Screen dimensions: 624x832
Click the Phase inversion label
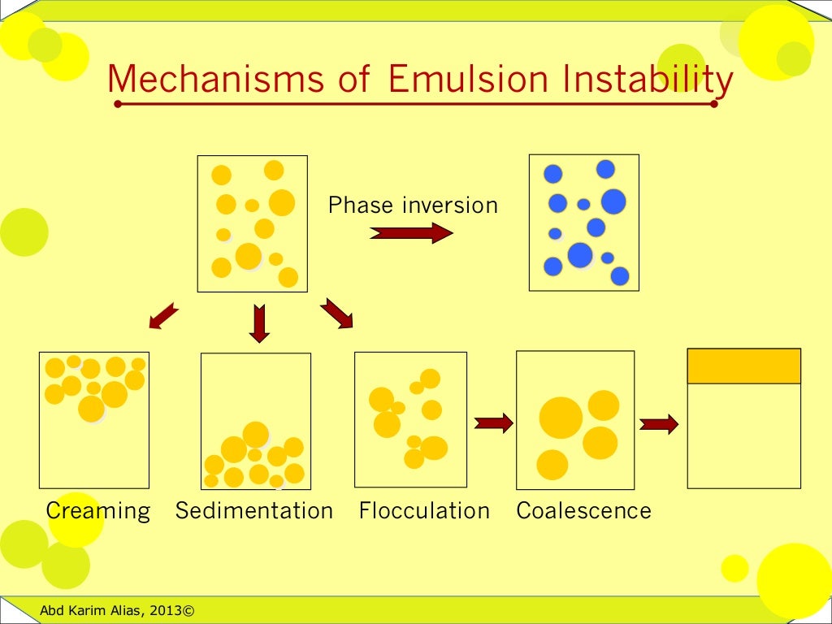[413, 206]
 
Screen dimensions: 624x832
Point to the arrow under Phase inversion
[411, 233]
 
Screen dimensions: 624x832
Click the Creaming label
[98, 511]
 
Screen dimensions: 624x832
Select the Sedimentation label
[254, 511]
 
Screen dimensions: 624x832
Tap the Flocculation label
[424, 511]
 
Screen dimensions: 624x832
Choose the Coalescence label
[583, 511]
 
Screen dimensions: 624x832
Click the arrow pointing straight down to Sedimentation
[259, 323]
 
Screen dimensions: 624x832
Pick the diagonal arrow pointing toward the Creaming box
[163, 316]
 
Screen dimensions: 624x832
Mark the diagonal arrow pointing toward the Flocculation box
[337, 314]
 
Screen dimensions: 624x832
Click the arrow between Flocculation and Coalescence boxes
[494, 422]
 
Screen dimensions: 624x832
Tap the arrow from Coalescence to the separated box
[659, 424]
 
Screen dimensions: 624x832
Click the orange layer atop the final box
[743, 366]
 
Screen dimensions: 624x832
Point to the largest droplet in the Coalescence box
[561, 418]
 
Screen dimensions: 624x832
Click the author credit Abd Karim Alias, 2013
[118, 610]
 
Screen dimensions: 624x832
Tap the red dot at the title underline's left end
[118, 104]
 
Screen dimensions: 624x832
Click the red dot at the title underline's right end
[714, 104]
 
